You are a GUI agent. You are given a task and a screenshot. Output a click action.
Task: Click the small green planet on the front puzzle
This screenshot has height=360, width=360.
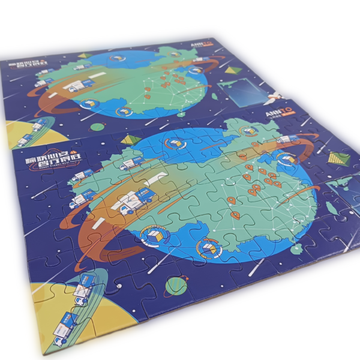pyautogui.click(x=176, y=284)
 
